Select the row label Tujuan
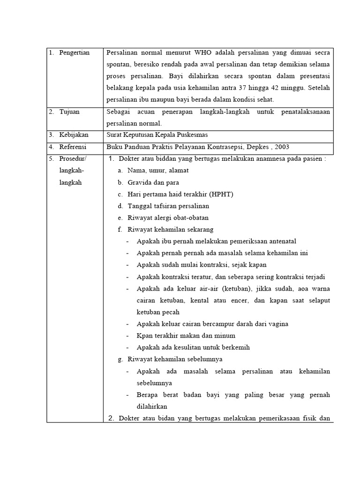tap(69, 112)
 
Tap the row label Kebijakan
tap(74, 135)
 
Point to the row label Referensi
tap(73, 147)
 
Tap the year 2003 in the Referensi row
tap(281, 147)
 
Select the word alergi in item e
tap(162, 217)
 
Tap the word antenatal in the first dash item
tap(280, 241)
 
